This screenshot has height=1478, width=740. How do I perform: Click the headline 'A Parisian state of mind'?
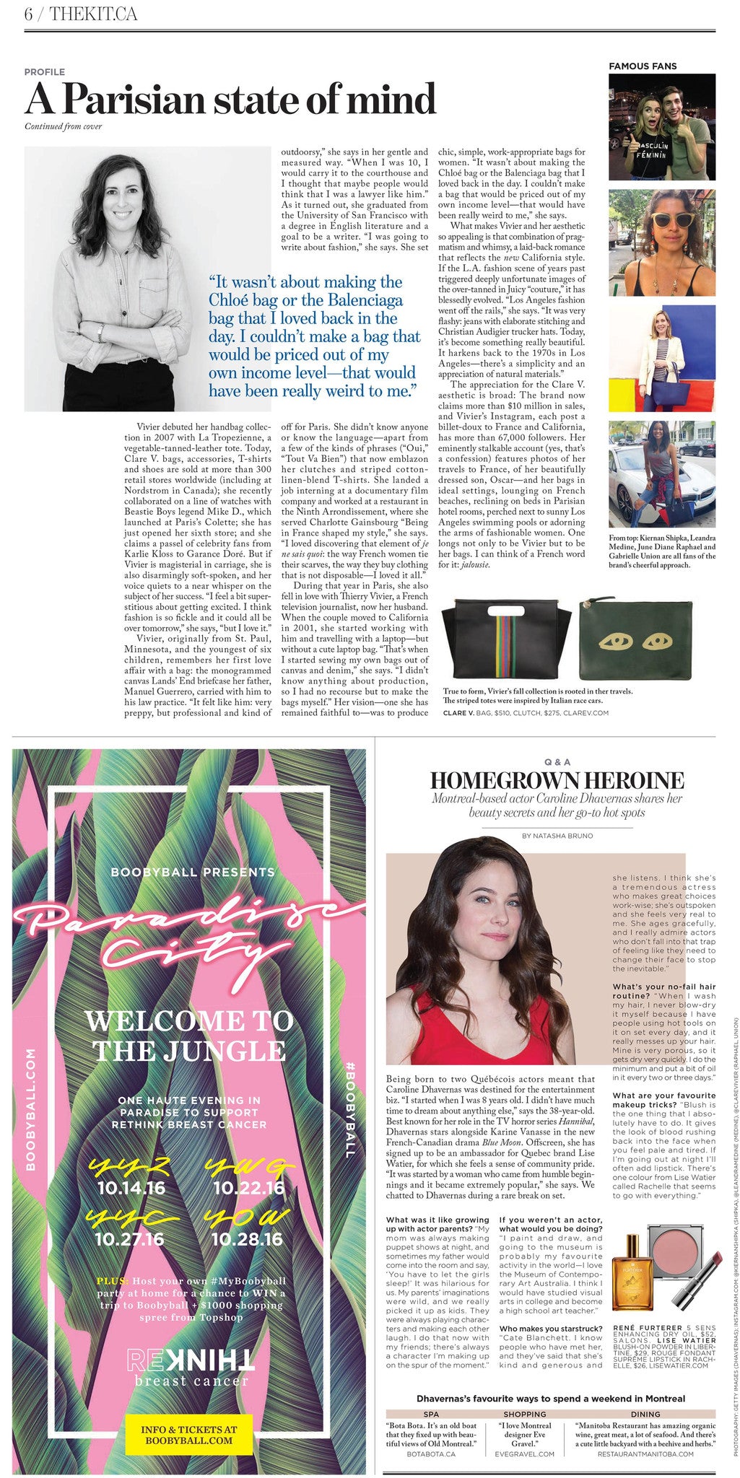[x=230, y=99]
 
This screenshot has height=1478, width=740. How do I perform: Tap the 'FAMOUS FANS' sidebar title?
[x=643, y=66]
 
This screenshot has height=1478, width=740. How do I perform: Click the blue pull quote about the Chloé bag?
[x=314, y=336]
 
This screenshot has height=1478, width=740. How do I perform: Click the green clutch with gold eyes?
[x=636, y=639]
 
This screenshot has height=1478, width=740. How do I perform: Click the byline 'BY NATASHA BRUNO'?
[x=557, y=836]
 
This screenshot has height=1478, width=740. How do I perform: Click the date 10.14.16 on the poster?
[x=130, y=1186]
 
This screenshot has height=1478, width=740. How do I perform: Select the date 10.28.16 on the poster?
[x=247, y=1239]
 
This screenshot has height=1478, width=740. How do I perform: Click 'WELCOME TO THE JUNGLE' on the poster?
[x=189, y=1035]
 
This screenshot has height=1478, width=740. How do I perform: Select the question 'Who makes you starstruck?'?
[x=550, y=1308]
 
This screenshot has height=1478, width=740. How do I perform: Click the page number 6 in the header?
[x=28, y=14]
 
